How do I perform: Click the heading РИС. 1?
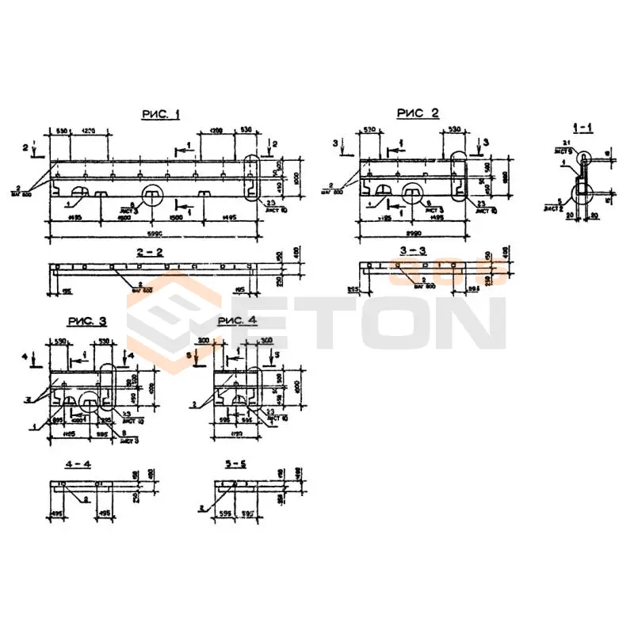pyautogui.click(x=160, y=115)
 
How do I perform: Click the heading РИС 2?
pyautogui.click(x=417, y=113)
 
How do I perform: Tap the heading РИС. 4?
pyautogui.click(x=237, y=320)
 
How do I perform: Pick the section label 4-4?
pyautogui.click(x=80, y=464)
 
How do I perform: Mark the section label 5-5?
pyautogui.click(x=235, y=464)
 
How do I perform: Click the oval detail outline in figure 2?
pyautogui.click(x=459, y=178)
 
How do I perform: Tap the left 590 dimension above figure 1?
pyautogui.click(x=60, y=130)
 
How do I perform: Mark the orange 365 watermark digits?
pyautogui.click(x=447, y=273)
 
